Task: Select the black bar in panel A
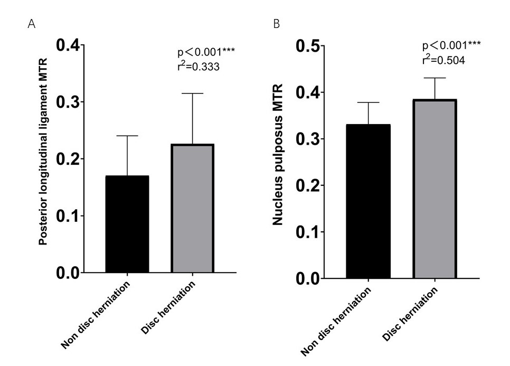point(127,224)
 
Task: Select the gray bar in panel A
point(192,208)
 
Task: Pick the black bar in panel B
point(368,201)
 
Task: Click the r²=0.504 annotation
point(443,60)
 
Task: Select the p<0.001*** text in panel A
point(206,52)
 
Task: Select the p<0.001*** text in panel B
point(451,45)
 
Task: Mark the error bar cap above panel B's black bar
point(368,102)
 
